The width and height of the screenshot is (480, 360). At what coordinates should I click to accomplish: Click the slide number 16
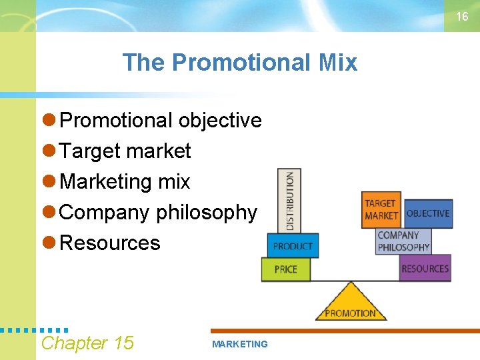[x=462, y=17]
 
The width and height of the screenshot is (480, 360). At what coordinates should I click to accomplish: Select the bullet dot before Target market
[x=49, y=151]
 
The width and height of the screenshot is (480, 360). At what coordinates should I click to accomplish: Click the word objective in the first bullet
[x=220, y=121]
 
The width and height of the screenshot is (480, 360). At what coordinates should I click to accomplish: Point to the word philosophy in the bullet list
[x=206, y=213]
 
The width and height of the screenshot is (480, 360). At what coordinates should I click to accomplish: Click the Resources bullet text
[x=110, y=243]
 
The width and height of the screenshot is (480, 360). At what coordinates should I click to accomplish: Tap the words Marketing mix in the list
[x=125, y=181]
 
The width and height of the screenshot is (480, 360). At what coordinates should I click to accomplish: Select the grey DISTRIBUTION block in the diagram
[x=289, y=200]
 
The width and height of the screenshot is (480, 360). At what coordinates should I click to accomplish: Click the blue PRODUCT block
[x=293, y=246]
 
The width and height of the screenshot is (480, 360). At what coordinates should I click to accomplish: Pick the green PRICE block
[x=286, y=269]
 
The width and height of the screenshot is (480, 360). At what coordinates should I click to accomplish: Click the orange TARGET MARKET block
[x=381, y=209]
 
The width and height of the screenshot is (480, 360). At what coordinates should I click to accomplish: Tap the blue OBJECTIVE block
[x=428, y=213]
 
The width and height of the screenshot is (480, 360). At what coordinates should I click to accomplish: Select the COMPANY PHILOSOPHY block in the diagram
[x=403, y=241]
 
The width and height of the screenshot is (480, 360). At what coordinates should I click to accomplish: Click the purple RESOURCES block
[x=425, y=269]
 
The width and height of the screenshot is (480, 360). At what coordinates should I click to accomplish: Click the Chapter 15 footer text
[x=87, y=343]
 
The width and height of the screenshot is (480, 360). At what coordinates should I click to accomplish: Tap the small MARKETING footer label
[x=239, y=344]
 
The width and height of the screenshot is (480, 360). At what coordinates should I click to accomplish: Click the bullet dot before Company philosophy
[x=49, y=212]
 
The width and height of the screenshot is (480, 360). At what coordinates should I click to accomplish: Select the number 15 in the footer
[x=123, y=343]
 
